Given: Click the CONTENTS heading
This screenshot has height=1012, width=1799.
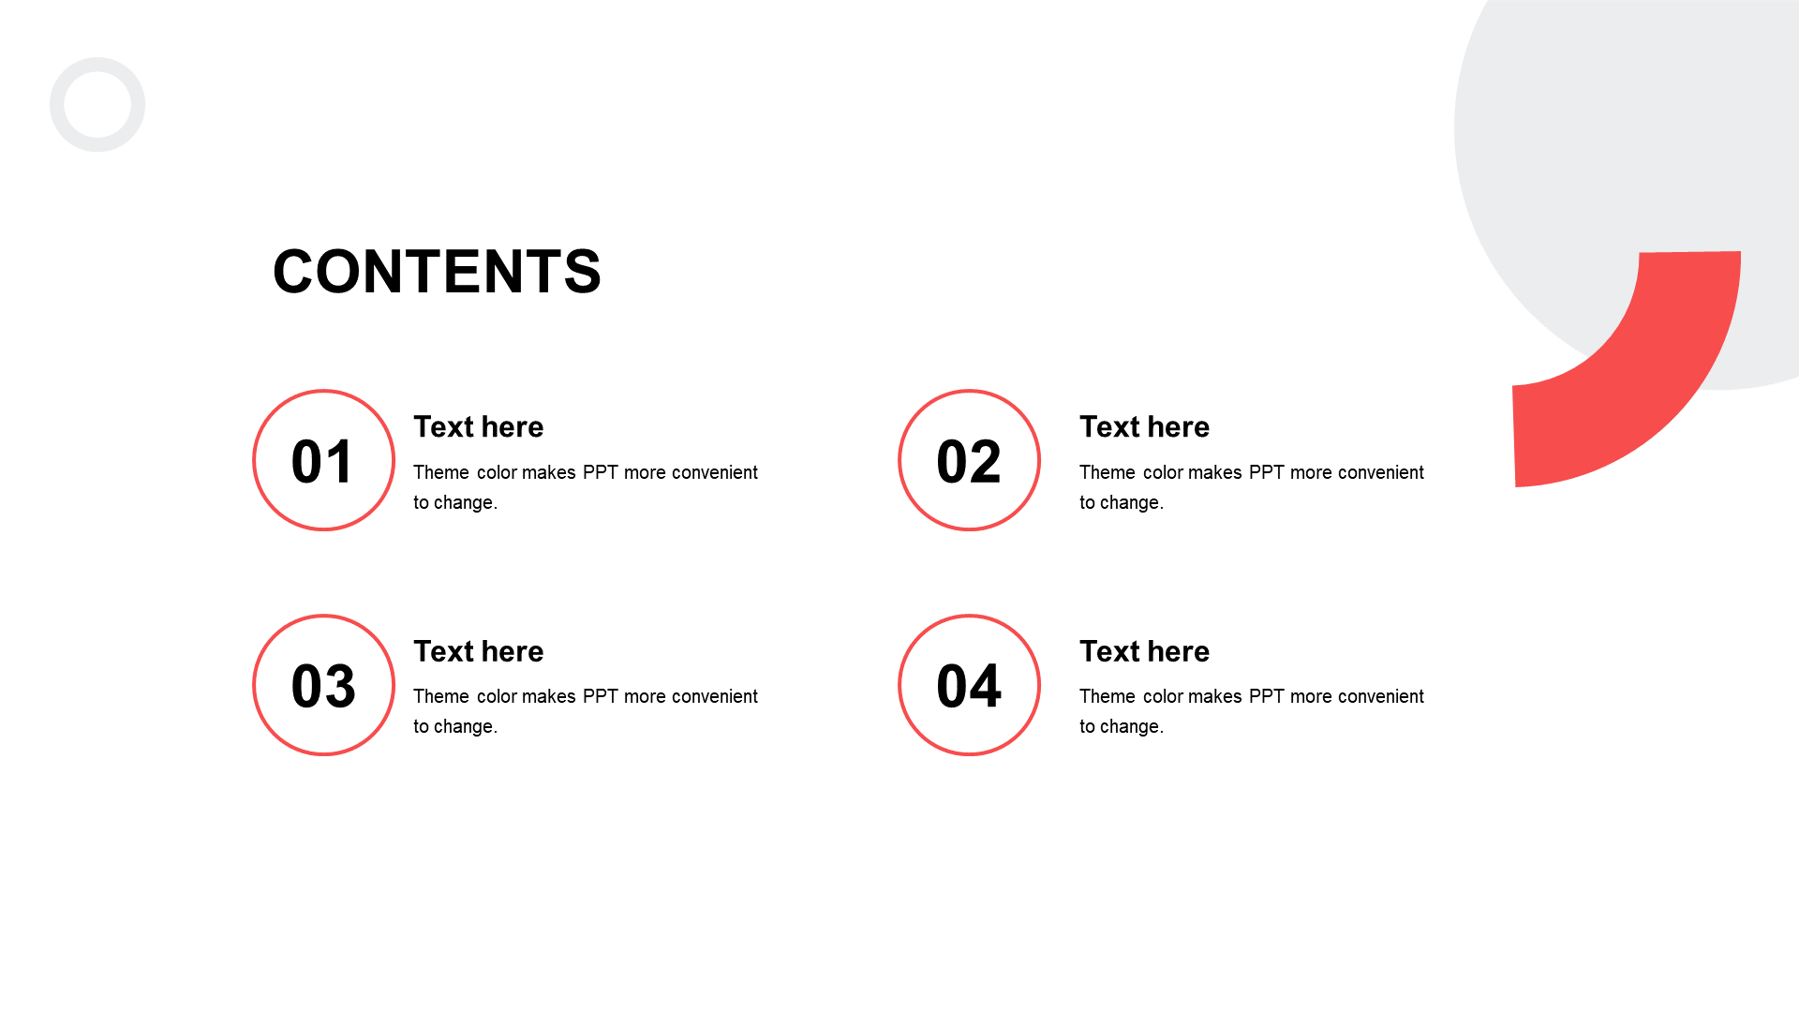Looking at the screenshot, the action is coord(437,272).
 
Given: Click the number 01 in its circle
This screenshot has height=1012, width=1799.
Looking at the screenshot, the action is coord(323,461).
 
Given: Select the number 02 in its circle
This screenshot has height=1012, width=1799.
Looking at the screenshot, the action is coord(969,461).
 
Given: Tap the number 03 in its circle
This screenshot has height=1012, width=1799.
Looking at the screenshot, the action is coord(323,686).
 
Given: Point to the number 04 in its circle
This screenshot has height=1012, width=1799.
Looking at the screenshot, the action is coord(969,686).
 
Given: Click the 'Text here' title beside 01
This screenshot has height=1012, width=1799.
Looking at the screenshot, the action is coord(479,427).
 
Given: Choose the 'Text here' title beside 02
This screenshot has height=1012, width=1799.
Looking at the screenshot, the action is coord(1144,427).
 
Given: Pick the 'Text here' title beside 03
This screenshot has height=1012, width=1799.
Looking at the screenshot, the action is coord(479,651).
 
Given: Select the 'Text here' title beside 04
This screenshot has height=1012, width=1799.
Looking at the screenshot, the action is coord(1144,651).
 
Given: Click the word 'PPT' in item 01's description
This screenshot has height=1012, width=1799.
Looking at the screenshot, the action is coord(601,472).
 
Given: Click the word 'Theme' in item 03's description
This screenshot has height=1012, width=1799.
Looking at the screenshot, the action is coord(441,696).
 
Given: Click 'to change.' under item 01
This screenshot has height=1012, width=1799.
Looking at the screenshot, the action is coord(455,502).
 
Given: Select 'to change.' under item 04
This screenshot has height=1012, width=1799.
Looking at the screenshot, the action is coord(1122,726).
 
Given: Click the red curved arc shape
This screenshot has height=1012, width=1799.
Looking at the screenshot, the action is coord(1677,394).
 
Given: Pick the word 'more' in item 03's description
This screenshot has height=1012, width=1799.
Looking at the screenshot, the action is coord(645,696).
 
